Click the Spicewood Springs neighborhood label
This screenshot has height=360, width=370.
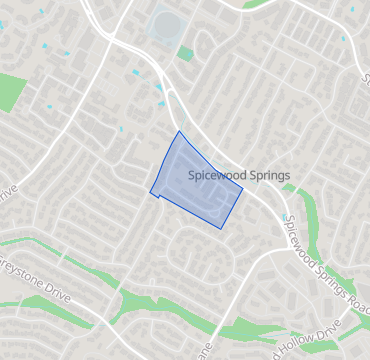pyautogui.click(x=238, y=175)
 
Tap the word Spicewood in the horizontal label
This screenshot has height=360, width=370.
pyautogui.click(x=215, y=175)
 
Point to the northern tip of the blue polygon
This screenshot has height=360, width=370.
pyautogui.click(x=179, y=131)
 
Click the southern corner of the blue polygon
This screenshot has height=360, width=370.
pyautogui.click(x=222, y=228)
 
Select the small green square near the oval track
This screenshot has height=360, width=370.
pyautogui.click(x=185, y=53)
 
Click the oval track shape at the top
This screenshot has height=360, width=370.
pyautogui.click(x=166, y=24)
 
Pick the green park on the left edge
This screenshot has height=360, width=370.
pyautogui.click(x=10, y=92)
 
